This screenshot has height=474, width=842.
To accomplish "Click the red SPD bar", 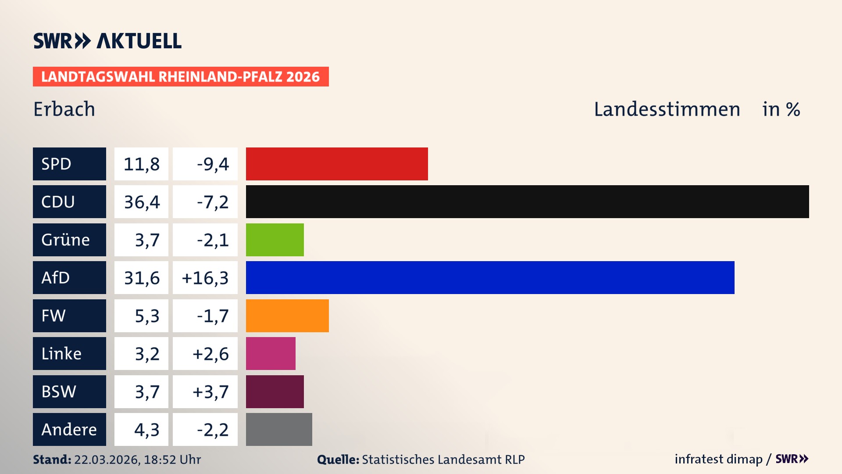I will click(x=337, y=164).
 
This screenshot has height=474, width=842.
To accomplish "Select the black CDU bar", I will click(x=527, y=201).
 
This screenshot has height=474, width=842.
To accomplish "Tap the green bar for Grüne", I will click(x=275, y=240).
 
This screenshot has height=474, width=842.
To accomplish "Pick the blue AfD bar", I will click(x=490, y=277).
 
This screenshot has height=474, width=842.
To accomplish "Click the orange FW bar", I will click(x=287, y=316).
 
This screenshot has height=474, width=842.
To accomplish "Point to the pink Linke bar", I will click(x=271, y=353).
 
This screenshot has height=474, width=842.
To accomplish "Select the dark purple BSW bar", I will click(x=275, y=391).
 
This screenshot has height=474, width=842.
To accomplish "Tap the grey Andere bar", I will click(x=279, y=429).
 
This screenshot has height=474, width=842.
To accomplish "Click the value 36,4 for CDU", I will click(x=141, y=202).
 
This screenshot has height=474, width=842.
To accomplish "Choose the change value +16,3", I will click(x=205, y=278).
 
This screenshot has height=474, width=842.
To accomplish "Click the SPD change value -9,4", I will click(x=213, y=164).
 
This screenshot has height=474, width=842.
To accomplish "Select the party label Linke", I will click(x=61, y=354).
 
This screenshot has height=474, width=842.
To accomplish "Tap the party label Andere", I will click(x=69, y=430).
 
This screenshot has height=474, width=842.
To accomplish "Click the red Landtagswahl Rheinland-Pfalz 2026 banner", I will click(x=181, y=77).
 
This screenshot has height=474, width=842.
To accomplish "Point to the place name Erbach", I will click(x=64, y=109).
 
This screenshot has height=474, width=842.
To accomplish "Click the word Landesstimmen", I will click(x=667, y=109).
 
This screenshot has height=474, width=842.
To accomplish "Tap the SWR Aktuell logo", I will click(x=107, y=41).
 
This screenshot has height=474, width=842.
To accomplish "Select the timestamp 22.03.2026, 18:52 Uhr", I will click(x=137, y=460).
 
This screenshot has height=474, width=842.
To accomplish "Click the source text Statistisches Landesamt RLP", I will click(x=443, y=460).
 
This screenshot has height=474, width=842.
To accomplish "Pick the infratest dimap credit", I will click(x=718, y=459).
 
